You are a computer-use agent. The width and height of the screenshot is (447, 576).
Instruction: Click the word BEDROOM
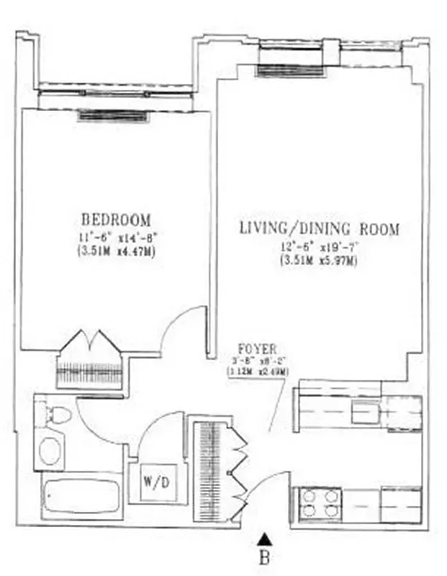click(x=116, y=219)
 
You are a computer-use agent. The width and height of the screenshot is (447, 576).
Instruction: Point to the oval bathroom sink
click(x=51, y=452)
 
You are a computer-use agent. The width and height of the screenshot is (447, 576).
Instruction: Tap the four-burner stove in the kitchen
click(x=321, y=503)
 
